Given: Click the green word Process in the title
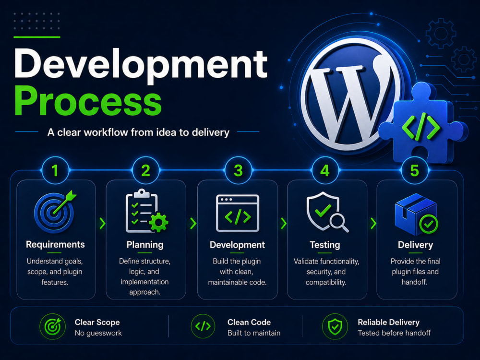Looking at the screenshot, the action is pyautogui.click(x=88, y=101).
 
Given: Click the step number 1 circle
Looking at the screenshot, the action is pyautogui.click(x=55, y=170).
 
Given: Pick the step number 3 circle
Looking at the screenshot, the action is pyautogui.click(x=238, y=170).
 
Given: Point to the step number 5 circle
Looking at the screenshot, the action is pyautogui.click(x=415, y=170).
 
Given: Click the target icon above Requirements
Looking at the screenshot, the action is pyautogui.click(x=55, y=212).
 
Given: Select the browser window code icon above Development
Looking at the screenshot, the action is pyautogui.click(x=238, y=213).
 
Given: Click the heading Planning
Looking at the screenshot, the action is pyautogui.click(x=145, y=245).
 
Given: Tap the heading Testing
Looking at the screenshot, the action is pyautogui.click(x=325, y=245).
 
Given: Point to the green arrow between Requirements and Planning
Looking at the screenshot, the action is pyautogui.click(x=102, y=224).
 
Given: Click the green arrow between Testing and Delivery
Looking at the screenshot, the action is pyautogui.click(x=373, y=224).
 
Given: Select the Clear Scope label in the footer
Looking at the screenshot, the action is pyautogui.click(x=97, y=323).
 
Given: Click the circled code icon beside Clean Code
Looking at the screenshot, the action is pyautogui.click(x=203, y=326).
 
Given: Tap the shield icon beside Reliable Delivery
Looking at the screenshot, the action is pyautogui.click(x=335, y=326).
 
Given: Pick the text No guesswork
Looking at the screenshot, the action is pyautogui.click(x=98, y=333).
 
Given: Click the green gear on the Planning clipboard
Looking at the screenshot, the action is pyautogui.click(x=158, y=223).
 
